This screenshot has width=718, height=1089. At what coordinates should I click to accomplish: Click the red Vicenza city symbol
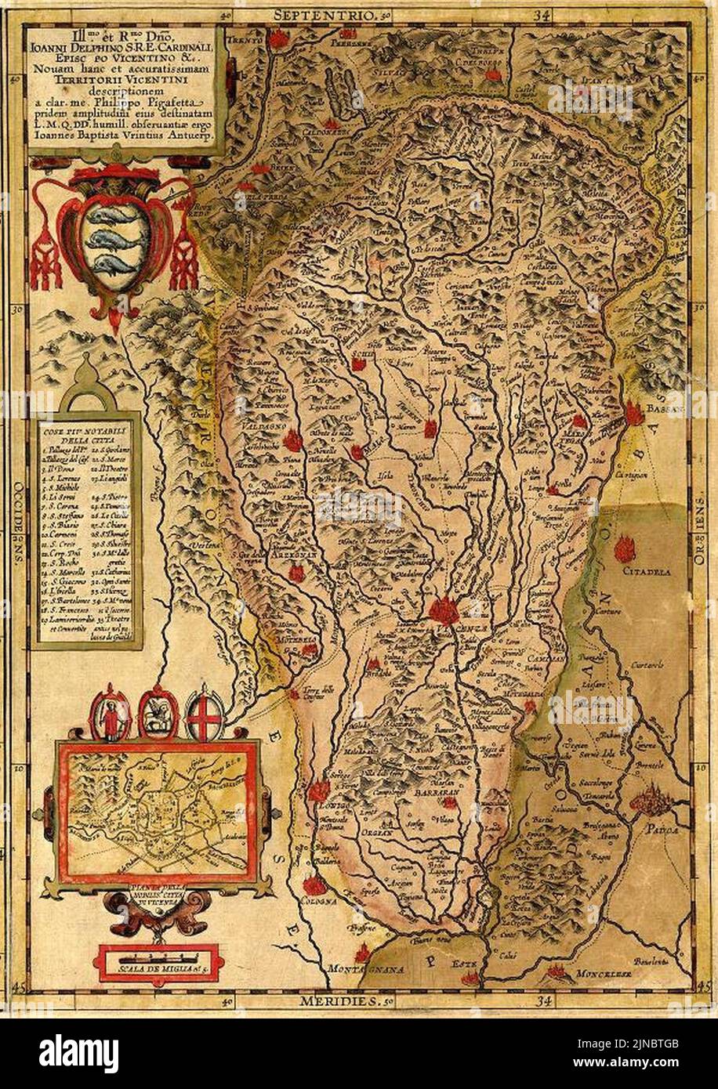tap(444, 610)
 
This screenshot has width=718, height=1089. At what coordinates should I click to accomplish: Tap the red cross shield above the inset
tap(205, 714)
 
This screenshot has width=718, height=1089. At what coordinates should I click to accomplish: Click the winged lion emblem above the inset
tap(158, 714)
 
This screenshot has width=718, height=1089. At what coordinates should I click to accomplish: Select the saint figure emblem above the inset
tap(110, 715)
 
